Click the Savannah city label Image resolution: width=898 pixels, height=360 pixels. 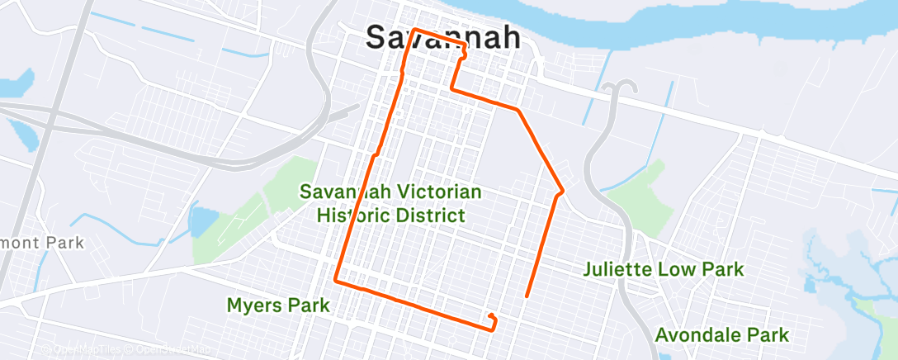(x=442, y=38)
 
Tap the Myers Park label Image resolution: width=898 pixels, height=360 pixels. (x=278, y=306)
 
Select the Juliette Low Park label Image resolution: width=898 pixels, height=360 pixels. (x=664, y=269)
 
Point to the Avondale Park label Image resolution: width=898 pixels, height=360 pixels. (x=722, y=335)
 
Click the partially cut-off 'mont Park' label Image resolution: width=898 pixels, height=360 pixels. (x=41, y=243)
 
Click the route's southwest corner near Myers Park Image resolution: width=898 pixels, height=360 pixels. (x=335, y=281)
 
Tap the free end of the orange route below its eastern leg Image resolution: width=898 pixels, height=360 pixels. (x=527, y=295)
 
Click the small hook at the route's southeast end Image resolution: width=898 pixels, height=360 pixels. (x=493, y=318)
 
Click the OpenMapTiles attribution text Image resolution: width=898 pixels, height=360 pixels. (x=86, y=349)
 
